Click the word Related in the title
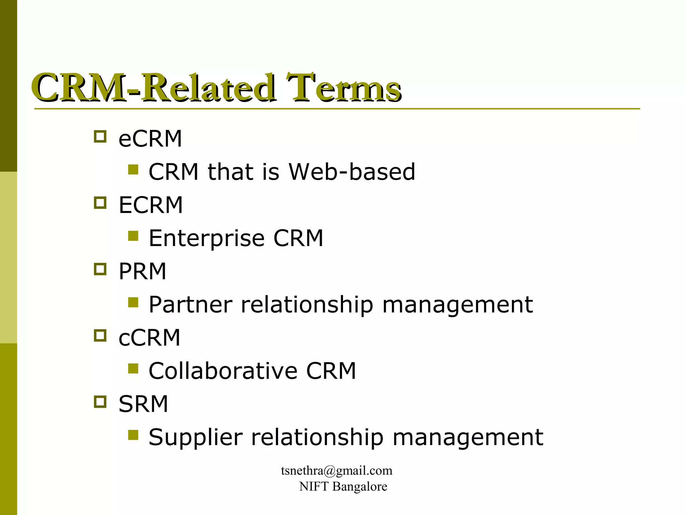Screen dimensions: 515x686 pyautogui.click(x=208, y=88)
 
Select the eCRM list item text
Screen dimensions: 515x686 pyautogui.click(x=150, y=138)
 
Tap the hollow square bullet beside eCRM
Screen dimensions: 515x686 pyautogui.click(x=100, y=136)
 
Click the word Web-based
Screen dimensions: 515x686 pyautogui.click(x=352, y=172)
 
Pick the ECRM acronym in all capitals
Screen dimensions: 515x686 pyautogui.click(x=151, y=205)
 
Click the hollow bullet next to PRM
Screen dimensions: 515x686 pyautogui.click(x=100, y=269)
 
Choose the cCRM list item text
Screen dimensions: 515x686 pyautogui.click(x=149, y=337)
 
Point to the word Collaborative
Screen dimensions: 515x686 pyautogui.click(x=223, y=371)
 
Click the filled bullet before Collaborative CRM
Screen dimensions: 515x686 pyautogui.click(x=133, y=369)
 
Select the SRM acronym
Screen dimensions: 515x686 pyautogui.click(x=143, y=404)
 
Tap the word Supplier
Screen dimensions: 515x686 pyautogui.click(x=195, y=437)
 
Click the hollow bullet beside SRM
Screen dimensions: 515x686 pyautogui.click(x=100, y=402)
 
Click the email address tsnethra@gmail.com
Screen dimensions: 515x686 pyautogui.click(x=337, y=471)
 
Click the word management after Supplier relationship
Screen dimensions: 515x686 pyautogui.click(x=468, y=437)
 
